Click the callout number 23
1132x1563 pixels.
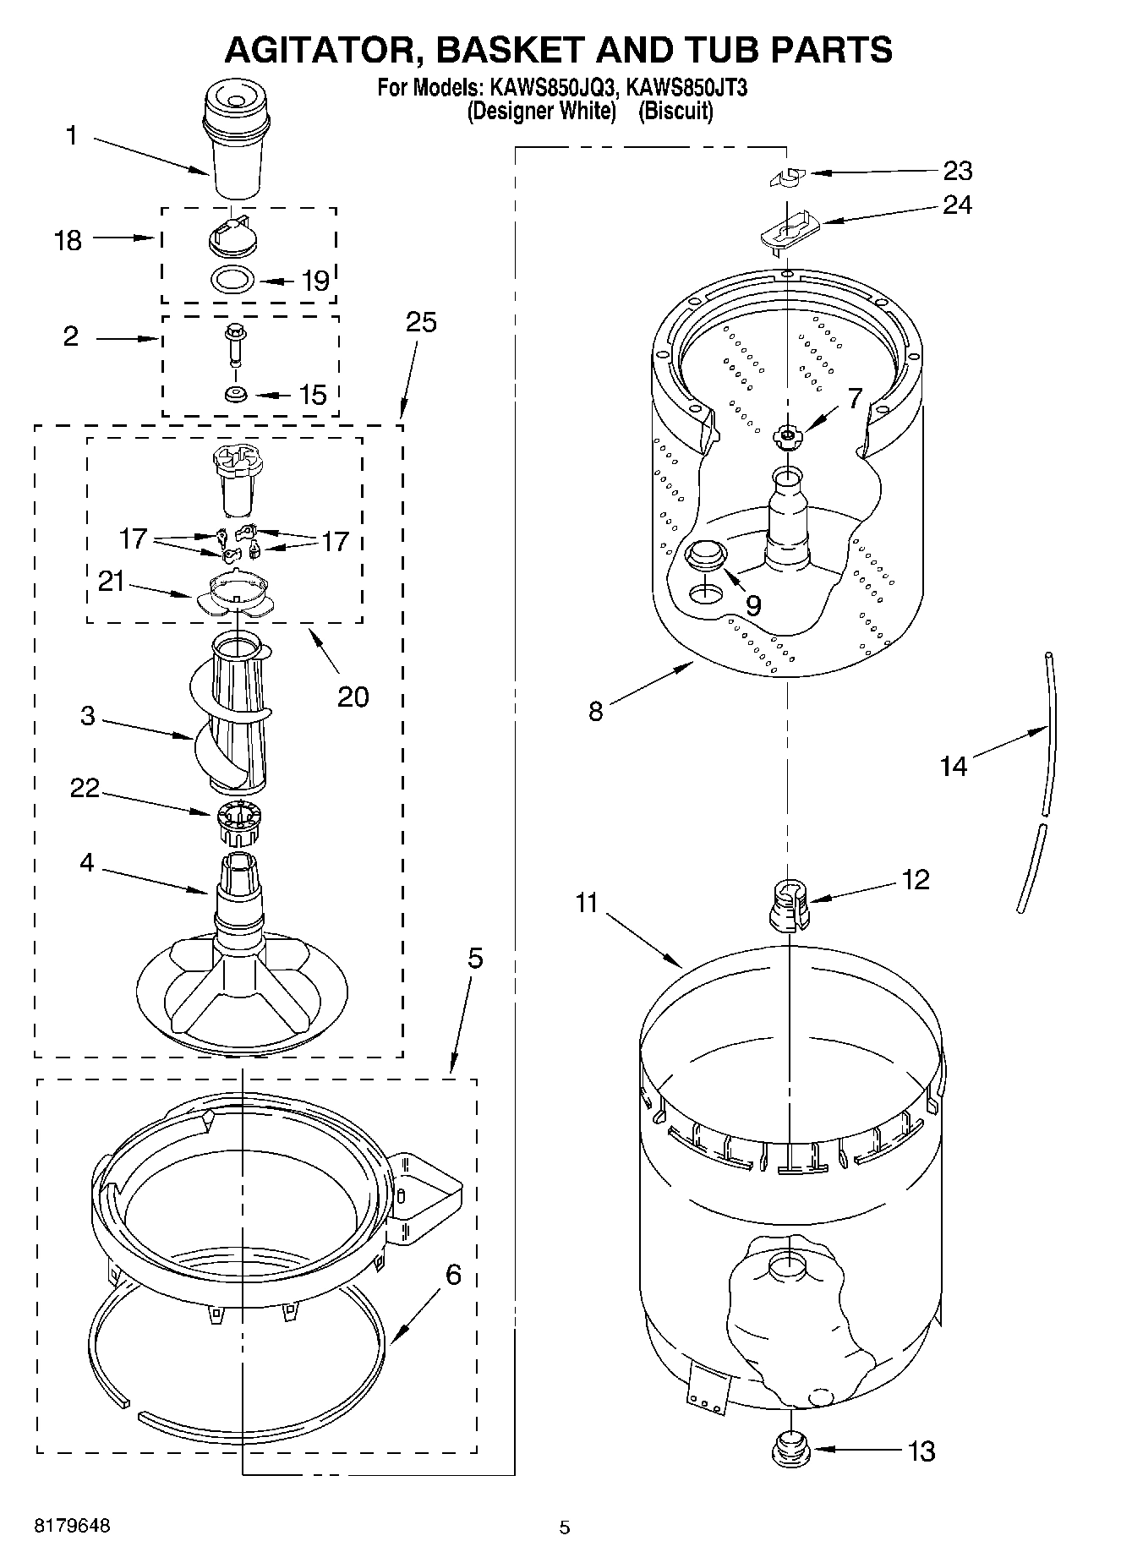957,171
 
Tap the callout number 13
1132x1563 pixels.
921,1451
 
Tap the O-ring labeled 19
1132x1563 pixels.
233,279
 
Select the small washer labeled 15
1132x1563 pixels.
236,394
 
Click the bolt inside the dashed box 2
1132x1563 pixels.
234,344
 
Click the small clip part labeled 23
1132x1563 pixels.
787,177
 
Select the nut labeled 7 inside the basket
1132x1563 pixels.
788,436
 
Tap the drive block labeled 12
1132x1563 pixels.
788,904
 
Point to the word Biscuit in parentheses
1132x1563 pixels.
675,111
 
